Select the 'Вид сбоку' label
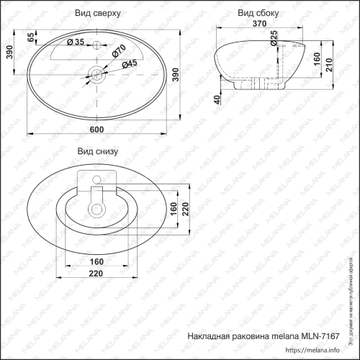click(258, 14)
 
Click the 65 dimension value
click(30, 37)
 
